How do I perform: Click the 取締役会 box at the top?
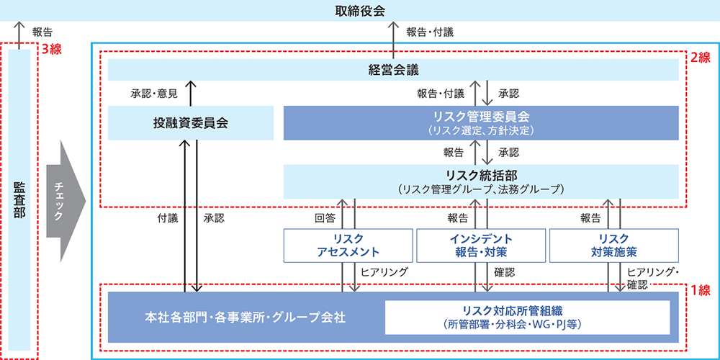tap(360, 10)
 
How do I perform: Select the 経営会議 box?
tap(393, 70)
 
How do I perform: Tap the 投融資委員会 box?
tap(191, 122)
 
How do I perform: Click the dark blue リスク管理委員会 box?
tap(481, 122)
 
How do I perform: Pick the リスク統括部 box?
tap(481, 181)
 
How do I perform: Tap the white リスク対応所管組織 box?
tap(528, 317)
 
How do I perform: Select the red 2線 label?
tap(701, 57)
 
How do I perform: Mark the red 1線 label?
tap(701, 291)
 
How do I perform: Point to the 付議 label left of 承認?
tap(167, 217)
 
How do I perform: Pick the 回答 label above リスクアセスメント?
tap(325, 217)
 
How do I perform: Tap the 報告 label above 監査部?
tap(42, 32)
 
